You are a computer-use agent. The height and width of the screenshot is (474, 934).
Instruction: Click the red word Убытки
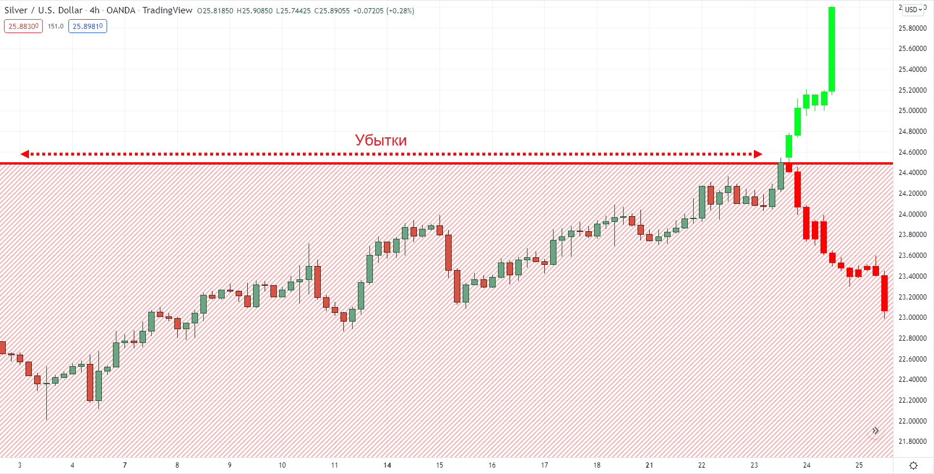click(x=380, y=140)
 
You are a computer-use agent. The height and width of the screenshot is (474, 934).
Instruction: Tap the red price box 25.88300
click(x=23, y=26)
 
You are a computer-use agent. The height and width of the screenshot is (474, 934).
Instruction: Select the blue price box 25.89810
click(x=87, y=26)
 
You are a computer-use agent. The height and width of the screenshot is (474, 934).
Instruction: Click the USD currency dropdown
click(x=913, y=9)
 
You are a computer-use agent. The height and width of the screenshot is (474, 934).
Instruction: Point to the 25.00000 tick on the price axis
click(x=912, y=111)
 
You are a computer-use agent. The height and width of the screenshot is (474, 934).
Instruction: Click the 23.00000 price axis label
click(x=912, y=318)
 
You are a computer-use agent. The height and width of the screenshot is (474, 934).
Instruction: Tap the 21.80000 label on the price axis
click(x=912, y=442)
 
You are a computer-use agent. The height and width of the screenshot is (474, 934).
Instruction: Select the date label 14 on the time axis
click(x=387, y=465)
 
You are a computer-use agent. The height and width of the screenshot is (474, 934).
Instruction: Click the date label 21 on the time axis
click(x=649, y=465)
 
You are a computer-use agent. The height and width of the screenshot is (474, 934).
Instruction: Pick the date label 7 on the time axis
click(x=124, y=465)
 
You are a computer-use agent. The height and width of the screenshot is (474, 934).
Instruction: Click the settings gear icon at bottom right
click(x=913, y=466)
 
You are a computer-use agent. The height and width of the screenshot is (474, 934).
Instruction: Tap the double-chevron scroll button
click(x=876, y=431)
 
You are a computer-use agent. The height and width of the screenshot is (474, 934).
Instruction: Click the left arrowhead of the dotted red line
click(x=24, y=154)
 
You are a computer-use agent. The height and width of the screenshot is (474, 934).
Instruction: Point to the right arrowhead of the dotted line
click(x=758, y=154)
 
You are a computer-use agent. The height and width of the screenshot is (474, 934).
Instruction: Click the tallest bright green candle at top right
click(x=832, y=49)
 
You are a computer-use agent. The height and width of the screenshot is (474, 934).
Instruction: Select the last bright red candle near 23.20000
click(x=884, y=293)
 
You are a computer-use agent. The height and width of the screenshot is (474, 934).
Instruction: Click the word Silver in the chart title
click(x=16, y=10)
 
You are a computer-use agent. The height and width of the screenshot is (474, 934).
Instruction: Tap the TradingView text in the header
click(x=167, y=10)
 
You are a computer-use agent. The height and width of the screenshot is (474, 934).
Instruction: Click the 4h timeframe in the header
click(x=94, y=10)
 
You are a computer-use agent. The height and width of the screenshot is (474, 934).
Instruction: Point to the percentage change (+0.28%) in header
click(x=400, y=10)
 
